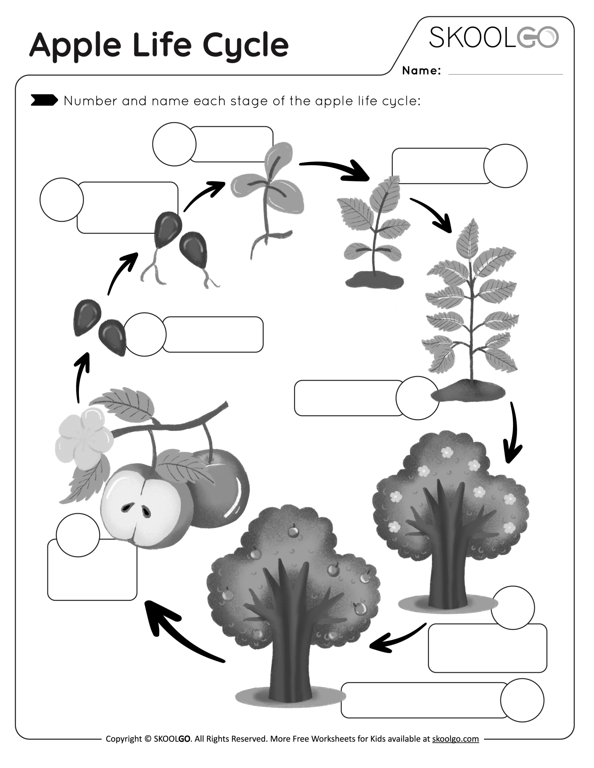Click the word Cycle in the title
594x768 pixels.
coord(246,45)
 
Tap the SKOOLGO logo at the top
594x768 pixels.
coord(493,37)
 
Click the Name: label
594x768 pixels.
coord(421,71)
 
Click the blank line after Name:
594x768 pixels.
coord(505,72)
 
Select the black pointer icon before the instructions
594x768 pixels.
coord(44,100)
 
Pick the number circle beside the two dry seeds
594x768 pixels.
coord(145,334)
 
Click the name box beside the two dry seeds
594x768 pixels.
coord(213,334)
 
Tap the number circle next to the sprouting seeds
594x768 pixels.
coord(62,200)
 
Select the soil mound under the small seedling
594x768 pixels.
coord(374,280)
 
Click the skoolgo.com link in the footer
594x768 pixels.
coord(455,739)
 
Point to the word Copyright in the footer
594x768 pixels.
coord(124,739)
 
